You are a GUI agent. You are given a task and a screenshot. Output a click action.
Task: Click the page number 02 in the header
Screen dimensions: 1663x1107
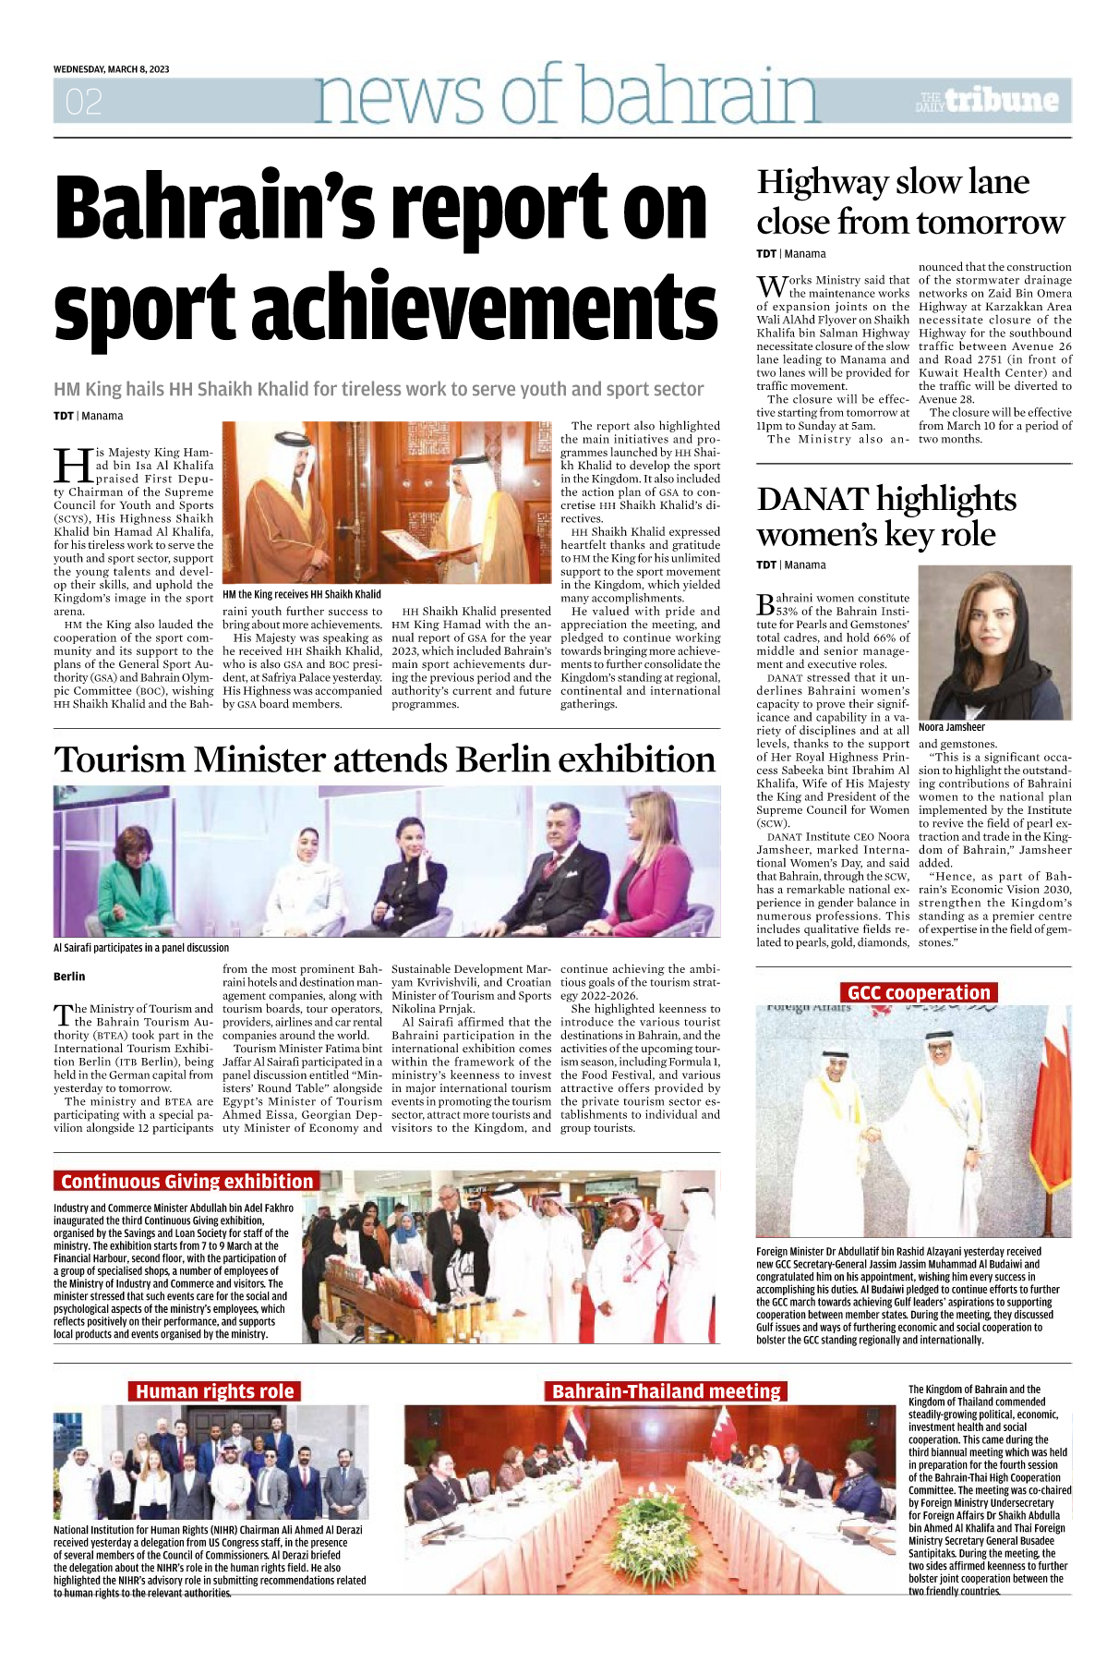pos(83,102)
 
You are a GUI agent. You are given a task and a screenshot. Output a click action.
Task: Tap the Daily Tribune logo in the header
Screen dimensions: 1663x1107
pos(988,101)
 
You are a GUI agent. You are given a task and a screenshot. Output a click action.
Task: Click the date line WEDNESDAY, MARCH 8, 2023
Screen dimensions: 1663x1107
pos(111,69)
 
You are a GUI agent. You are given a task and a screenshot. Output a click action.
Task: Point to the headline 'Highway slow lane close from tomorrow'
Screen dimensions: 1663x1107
pos(909,201)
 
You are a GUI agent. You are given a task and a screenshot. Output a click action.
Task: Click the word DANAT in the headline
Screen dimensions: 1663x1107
pos(812,500)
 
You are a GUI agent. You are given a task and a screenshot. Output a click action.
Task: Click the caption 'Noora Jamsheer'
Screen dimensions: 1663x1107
pos(951,727)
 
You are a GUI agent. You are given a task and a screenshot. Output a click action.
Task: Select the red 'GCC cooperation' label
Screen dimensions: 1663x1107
pos(918,993)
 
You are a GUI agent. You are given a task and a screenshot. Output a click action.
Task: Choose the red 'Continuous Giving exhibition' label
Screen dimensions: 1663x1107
pos(187,1181)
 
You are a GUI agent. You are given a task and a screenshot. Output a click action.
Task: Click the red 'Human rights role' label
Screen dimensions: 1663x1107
pos(214,1391)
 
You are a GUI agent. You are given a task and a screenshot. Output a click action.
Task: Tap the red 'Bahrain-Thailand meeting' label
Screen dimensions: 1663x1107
pos(666,1391)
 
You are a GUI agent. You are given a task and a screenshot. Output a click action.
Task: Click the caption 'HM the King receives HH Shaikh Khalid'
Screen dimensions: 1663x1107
pos(301,594)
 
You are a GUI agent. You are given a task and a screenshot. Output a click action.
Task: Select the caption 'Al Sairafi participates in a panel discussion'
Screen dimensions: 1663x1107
pos(141,948)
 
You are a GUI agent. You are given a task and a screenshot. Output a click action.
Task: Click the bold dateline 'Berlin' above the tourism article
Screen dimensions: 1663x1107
pos(69,977)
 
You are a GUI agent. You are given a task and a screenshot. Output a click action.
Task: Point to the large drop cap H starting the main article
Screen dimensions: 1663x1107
pos(72,466)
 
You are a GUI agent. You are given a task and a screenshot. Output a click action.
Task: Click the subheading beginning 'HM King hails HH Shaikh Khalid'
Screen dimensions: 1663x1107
pos(379,390)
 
